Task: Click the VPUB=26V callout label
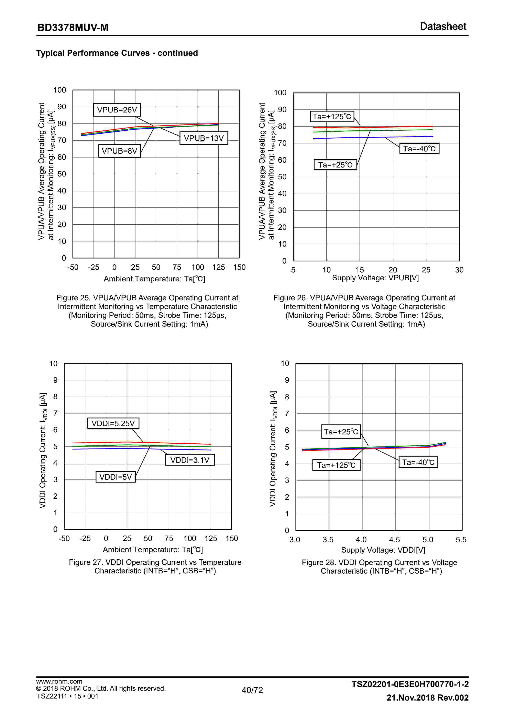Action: (x=117, y=110)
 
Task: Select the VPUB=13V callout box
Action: (x=204, y=138)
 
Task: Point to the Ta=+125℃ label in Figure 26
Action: (x=332, y=117)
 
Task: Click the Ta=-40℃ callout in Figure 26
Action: (x=419, y=149)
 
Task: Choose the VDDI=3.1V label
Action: (x=190, y=460)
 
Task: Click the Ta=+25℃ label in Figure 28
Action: (x=341, y=432)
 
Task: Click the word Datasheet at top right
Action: (x=443, y=26)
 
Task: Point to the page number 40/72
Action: (x=252, y=690)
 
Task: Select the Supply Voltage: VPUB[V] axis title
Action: (x=375, y=278)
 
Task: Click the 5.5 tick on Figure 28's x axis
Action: (x=461, y=540)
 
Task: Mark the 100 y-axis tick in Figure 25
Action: (x=60, y=90)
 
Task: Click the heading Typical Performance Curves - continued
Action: (x=117, y=53)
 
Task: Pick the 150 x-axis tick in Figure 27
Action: (x=232, y=538)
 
